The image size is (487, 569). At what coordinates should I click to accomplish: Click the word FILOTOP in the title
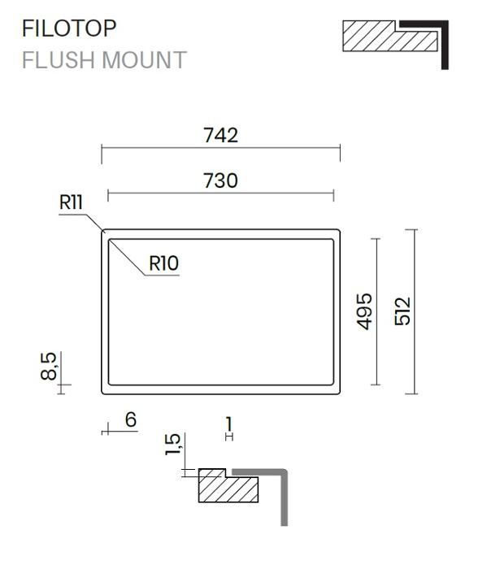coord(69,28)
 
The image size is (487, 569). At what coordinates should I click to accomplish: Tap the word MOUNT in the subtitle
coord(145,60)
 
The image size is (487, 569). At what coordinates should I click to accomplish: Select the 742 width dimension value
coord(220,135)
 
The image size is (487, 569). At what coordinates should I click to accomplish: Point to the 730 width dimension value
coord(220,180)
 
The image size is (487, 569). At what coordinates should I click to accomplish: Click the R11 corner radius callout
coord(71,202)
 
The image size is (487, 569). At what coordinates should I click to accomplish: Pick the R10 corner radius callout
coord(163,263)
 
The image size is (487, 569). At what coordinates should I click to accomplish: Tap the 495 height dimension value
coord(364,311)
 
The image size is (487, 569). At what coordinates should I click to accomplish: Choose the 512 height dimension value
coord(402,311)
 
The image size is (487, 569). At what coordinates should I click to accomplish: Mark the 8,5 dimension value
coord(49,366)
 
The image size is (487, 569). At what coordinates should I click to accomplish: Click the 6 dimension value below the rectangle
coord(131,420)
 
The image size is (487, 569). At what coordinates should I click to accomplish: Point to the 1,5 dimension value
coord(172,444)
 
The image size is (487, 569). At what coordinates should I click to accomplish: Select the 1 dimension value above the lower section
coord(228,423)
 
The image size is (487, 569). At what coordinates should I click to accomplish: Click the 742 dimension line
coord(220,148)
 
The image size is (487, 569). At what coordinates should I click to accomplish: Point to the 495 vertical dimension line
coord(376,311)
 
